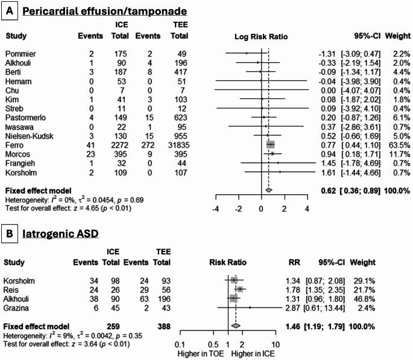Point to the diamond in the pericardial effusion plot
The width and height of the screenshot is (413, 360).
pyautogui.click(x=268, y=190)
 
